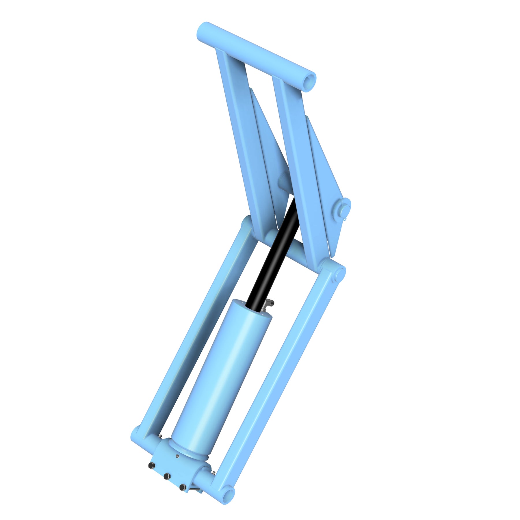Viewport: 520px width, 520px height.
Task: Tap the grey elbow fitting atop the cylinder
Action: [269, 303]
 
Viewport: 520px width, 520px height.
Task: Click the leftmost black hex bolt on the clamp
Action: [151, 465]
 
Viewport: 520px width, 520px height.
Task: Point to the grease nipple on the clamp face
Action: [177, 456]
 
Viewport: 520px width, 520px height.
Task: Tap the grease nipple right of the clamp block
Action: [213, 472]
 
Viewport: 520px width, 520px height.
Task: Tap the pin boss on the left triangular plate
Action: [284, 181]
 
